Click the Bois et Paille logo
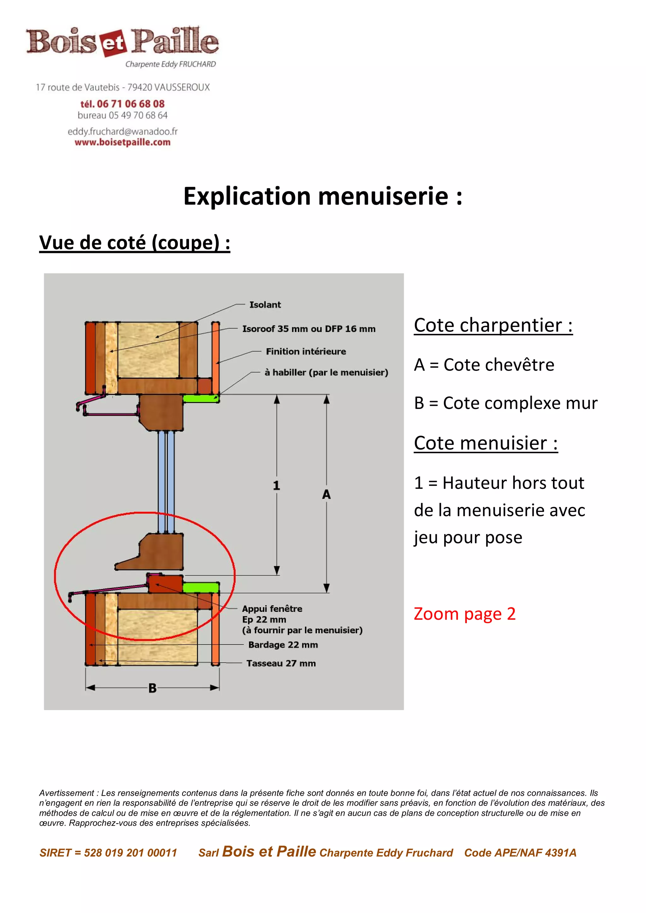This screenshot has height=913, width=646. coord(122,42)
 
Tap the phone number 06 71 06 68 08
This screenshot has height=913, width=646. coord(130,104)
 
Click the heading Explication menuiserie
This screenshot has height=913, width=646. coord(322,197)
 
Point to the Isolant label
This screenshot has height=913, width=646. coord(265,305)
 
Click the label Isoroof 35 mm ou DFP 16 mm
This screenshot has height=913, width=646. coord(308,329)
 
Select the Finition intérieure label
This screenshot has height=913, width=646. coord(306,352)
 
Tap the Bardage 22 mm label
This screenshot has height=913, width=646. coord(283,645)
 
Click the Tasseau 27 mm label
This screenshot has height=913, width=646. coord(281,663)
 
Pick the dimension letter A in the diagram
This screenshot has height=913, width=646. coord(326,495)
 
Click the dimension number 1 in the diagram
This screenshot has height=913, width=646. coord(276,485)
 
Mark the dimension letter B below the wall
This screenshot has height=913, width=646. coord(152,688)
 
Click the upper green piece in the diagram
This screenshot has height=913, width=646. coord(201,398)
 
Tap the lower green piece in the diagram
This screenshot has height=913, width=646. coord(201,587)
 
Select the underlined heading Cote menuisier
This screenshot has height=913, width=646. coord(485,443)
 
